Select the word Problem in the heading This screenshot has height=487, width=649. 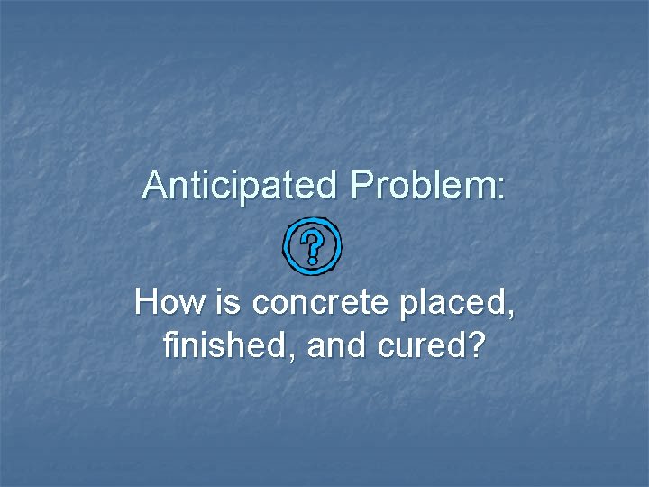point(421,186)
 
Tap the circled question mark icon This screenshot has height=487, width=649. point(311,244)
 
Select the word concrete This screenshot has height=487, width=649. point(312,304)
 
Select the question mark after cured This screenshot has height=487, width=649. point(473,345)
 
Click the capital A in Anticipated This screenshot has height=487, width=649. point(154,186)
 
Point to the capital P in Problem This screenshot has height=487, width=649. point(361,186)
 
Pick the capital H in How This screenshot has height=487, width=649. point(147,303)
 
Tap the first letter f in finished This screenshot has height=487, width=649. point(170,345)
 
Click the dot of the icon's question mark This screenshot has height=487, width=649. point(312,260)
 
